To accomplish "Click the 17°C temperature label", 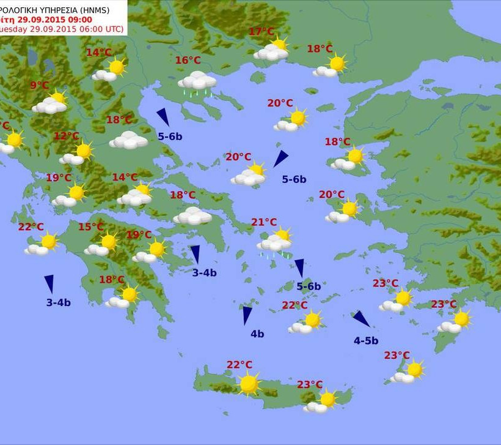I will point(261,32).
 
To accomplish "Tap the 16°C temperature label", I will point(188,60).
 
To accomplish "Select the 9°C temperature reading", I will point(39,86).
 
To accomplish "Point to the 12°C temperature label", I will point(66,136).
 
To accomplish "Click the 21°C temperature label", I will point(264,222).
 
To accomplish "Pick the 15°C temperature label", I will point(90,227).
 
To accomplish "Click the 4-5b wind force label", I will point(366,340).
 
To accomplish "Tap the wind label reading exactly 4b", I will point(257,334).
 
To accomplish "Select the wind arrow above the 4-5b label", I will point(361,319).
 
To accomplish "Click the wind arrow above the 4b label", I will point(247,315).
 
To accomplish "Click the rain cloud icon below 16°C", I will point(197,83).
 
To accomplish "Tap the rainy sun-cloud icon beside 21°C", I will point(275,242).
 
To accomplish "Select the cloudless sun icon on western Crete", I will point(249,384).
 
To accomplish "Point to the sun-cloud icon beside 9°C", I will point(51,103).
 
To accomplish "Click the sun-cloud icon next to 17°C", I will point(272,50).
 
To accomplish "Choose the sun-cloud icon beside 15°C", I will point(103,244).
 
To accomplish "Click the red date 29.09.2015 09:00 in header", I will point(54,19).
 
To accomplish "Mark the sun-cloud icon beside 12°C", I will point(78,154).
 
